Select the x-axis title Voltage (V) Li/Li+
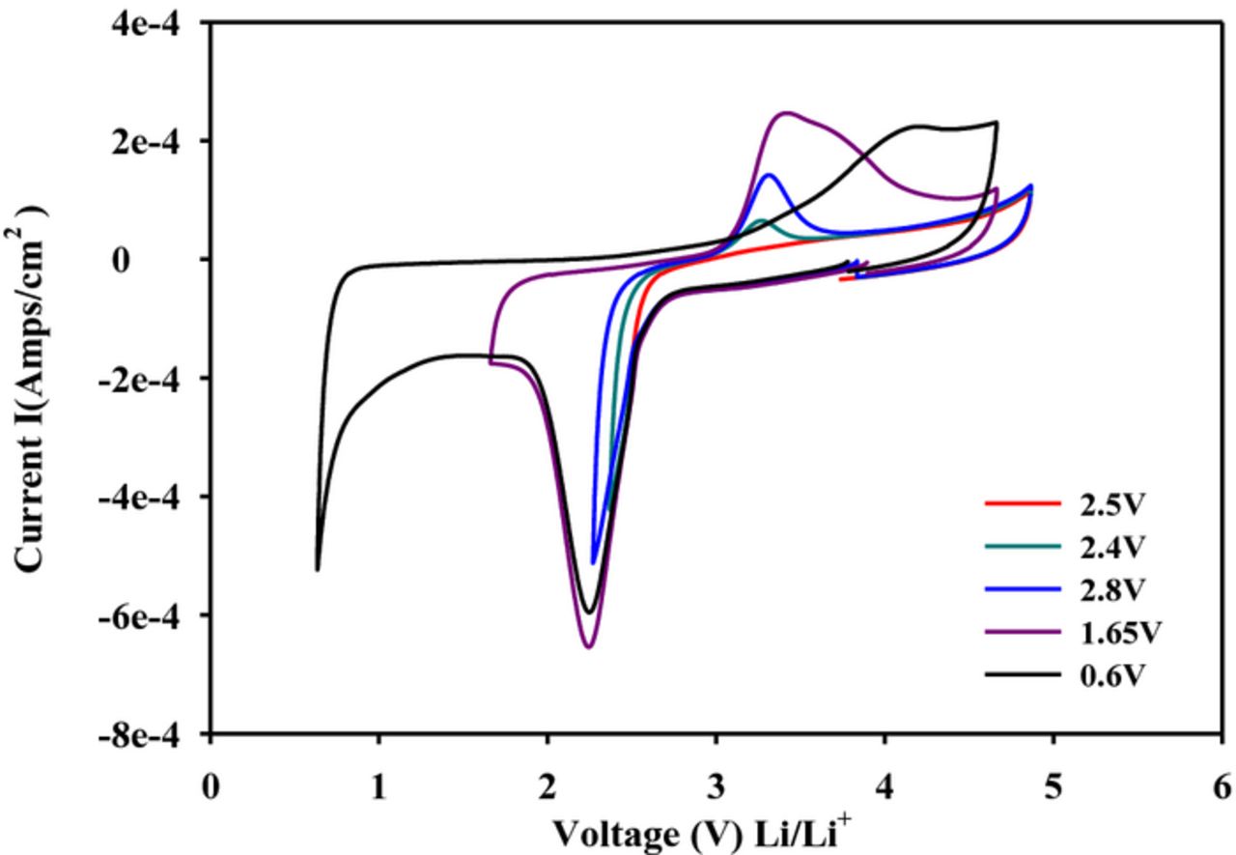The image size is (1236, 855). (x=701, y=831)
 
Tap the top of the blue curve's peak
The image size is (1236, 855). (x=770, y=175)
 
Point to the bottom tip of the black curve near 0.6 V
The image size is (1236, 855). (x=318, y=570)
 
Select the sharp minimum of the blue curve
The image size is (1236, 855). (x=594, y=562)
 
